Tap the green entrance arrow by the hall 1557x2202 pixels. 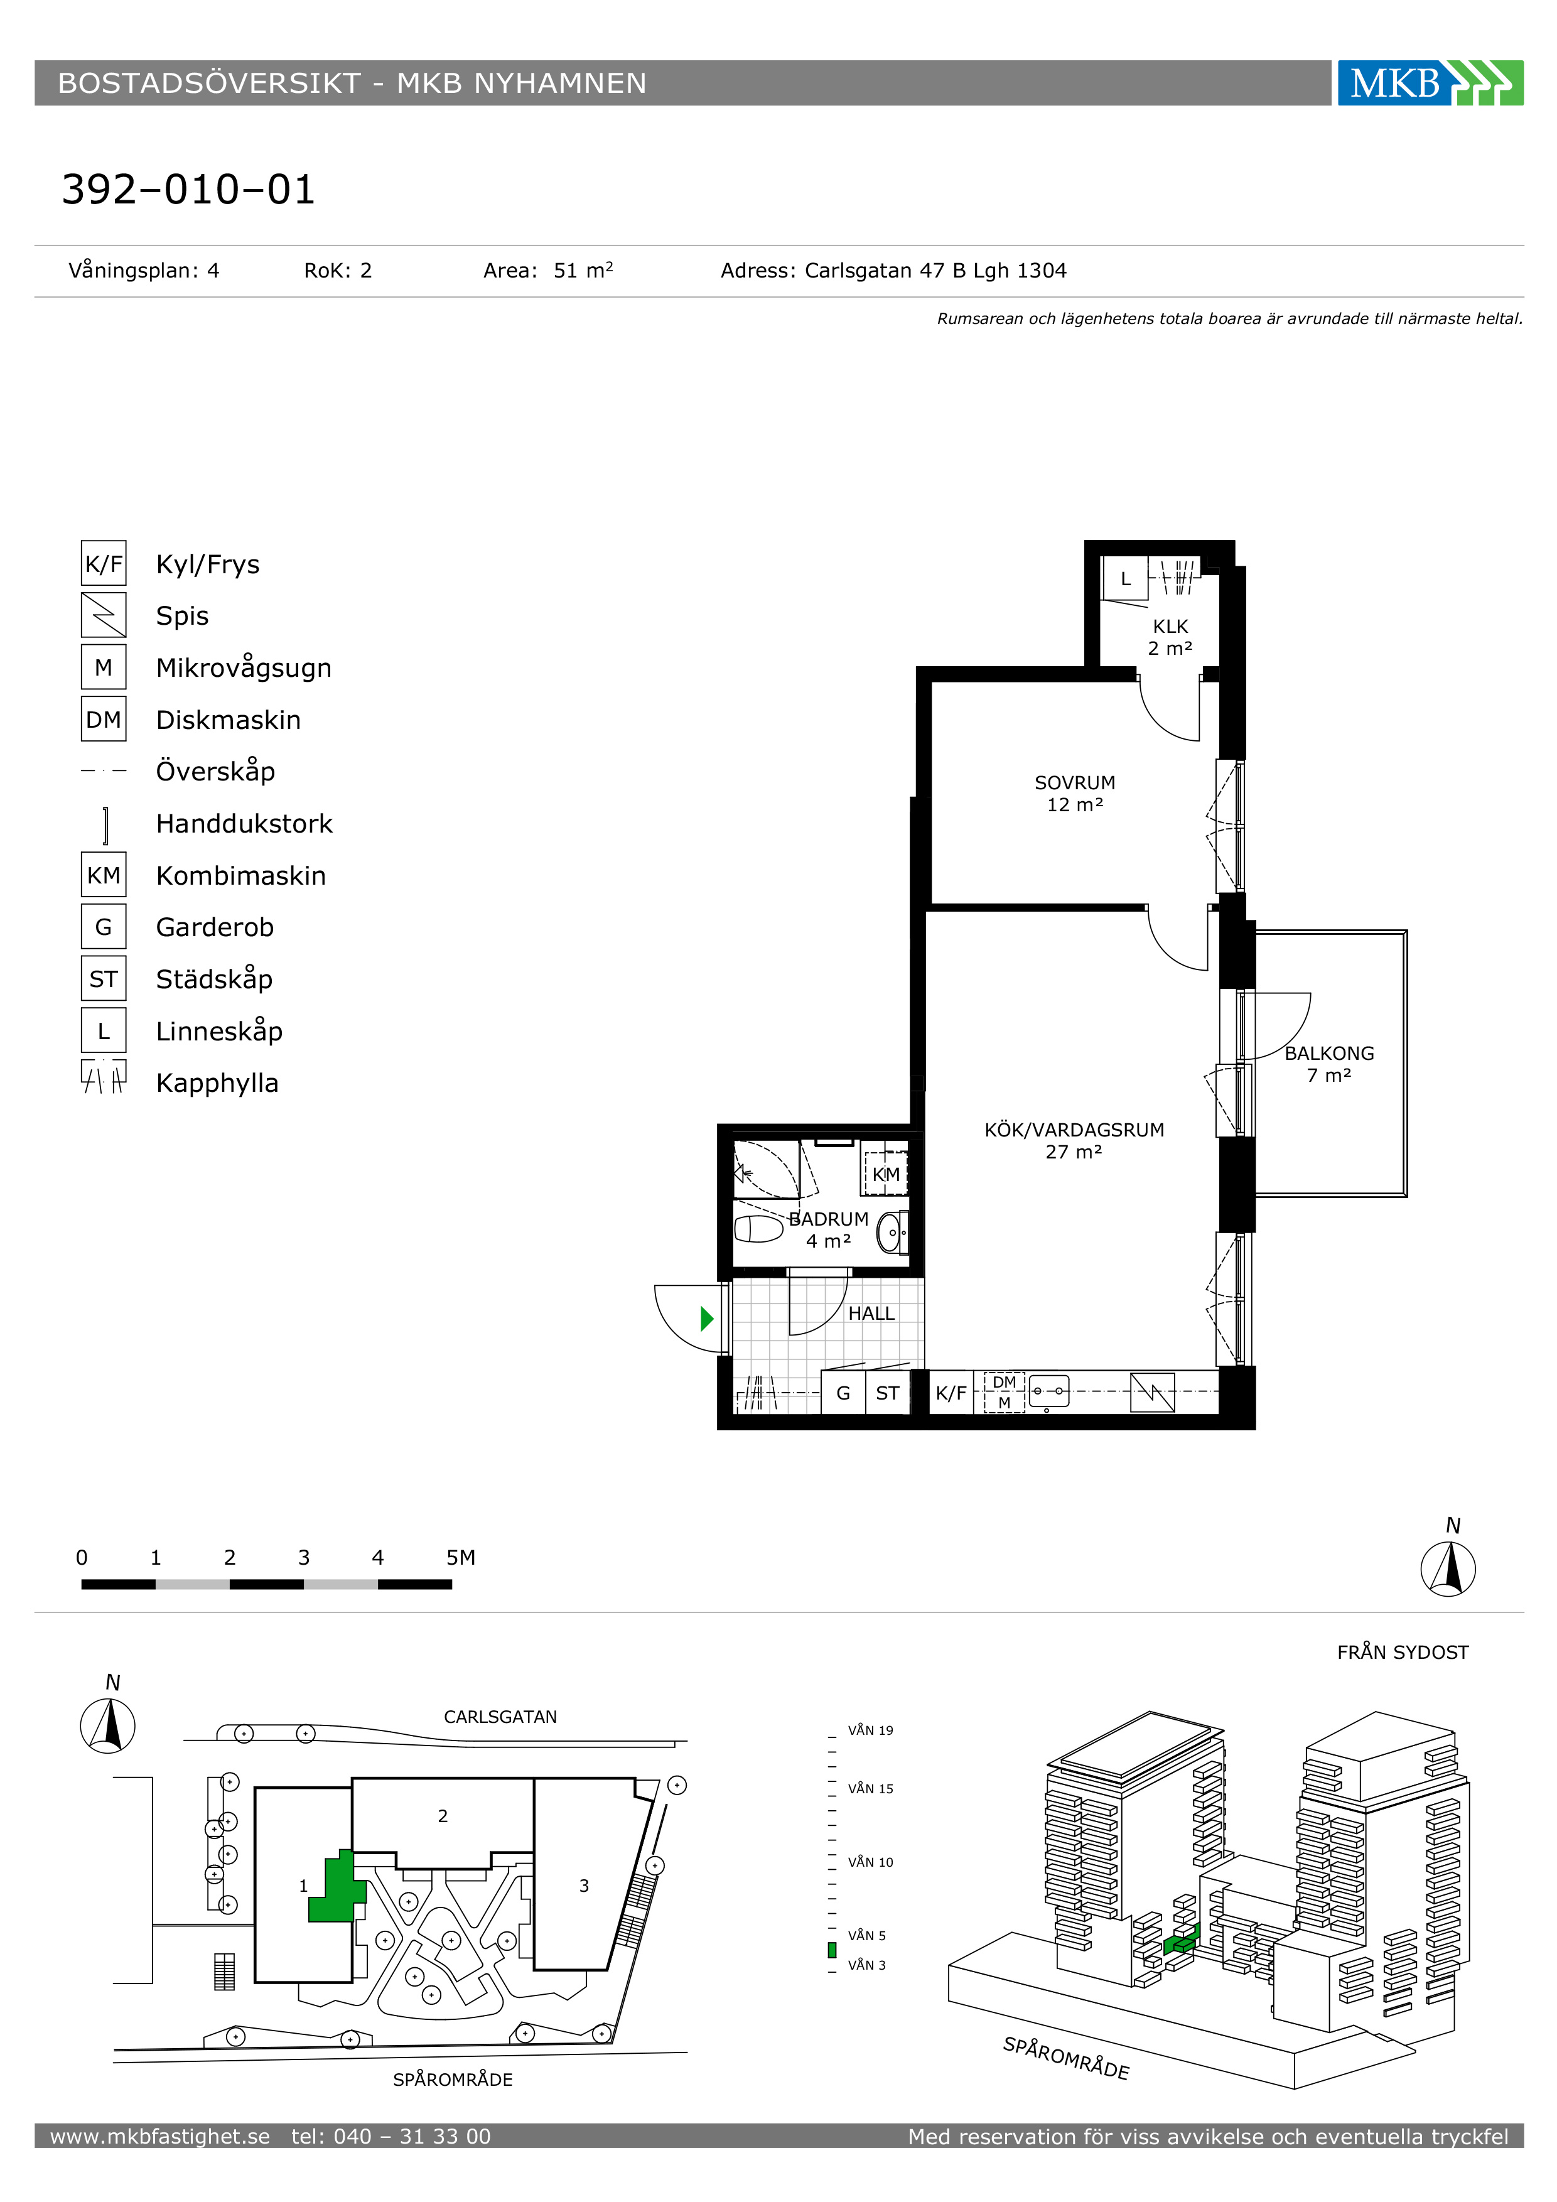(708, 1319)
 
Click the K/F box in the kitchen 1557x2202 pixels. (951, 1393)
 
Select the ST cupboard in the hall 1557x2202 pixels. (888, 1393)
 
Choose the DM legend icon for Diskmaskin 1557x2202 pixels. (104, 720)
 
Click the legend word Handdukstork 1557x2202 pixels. (244, 824)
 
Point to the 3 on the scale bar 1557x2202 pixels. (304, 1558)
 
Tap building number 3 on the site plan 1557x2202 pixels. (584, 1886)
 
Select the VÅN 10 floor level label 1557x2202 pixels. (871, 1862)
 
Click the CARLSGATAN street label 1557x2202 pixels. (500, 1717)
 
